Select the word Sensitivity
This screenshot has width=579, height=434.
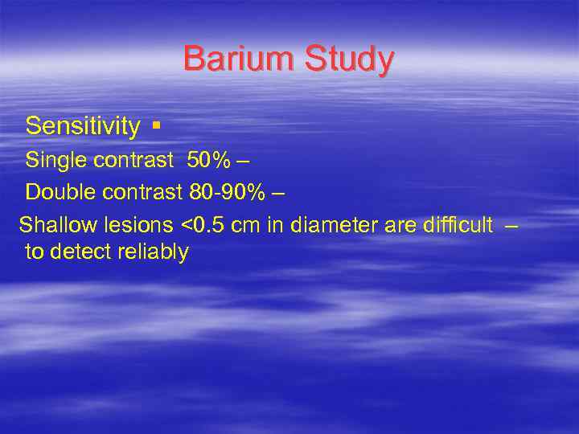[x=83, y=126]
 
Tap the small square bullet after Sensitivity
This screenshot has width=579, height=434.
[x=155, y=126]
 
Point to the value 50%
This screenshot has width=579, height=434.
[x=208, y=161]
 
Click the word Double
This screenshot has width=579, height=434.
[x=60, y=194]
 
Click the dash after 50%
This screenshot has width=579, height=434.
[x=243, y=162]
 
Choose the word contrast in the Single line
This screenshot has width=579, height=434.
[x=133, y=161]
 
